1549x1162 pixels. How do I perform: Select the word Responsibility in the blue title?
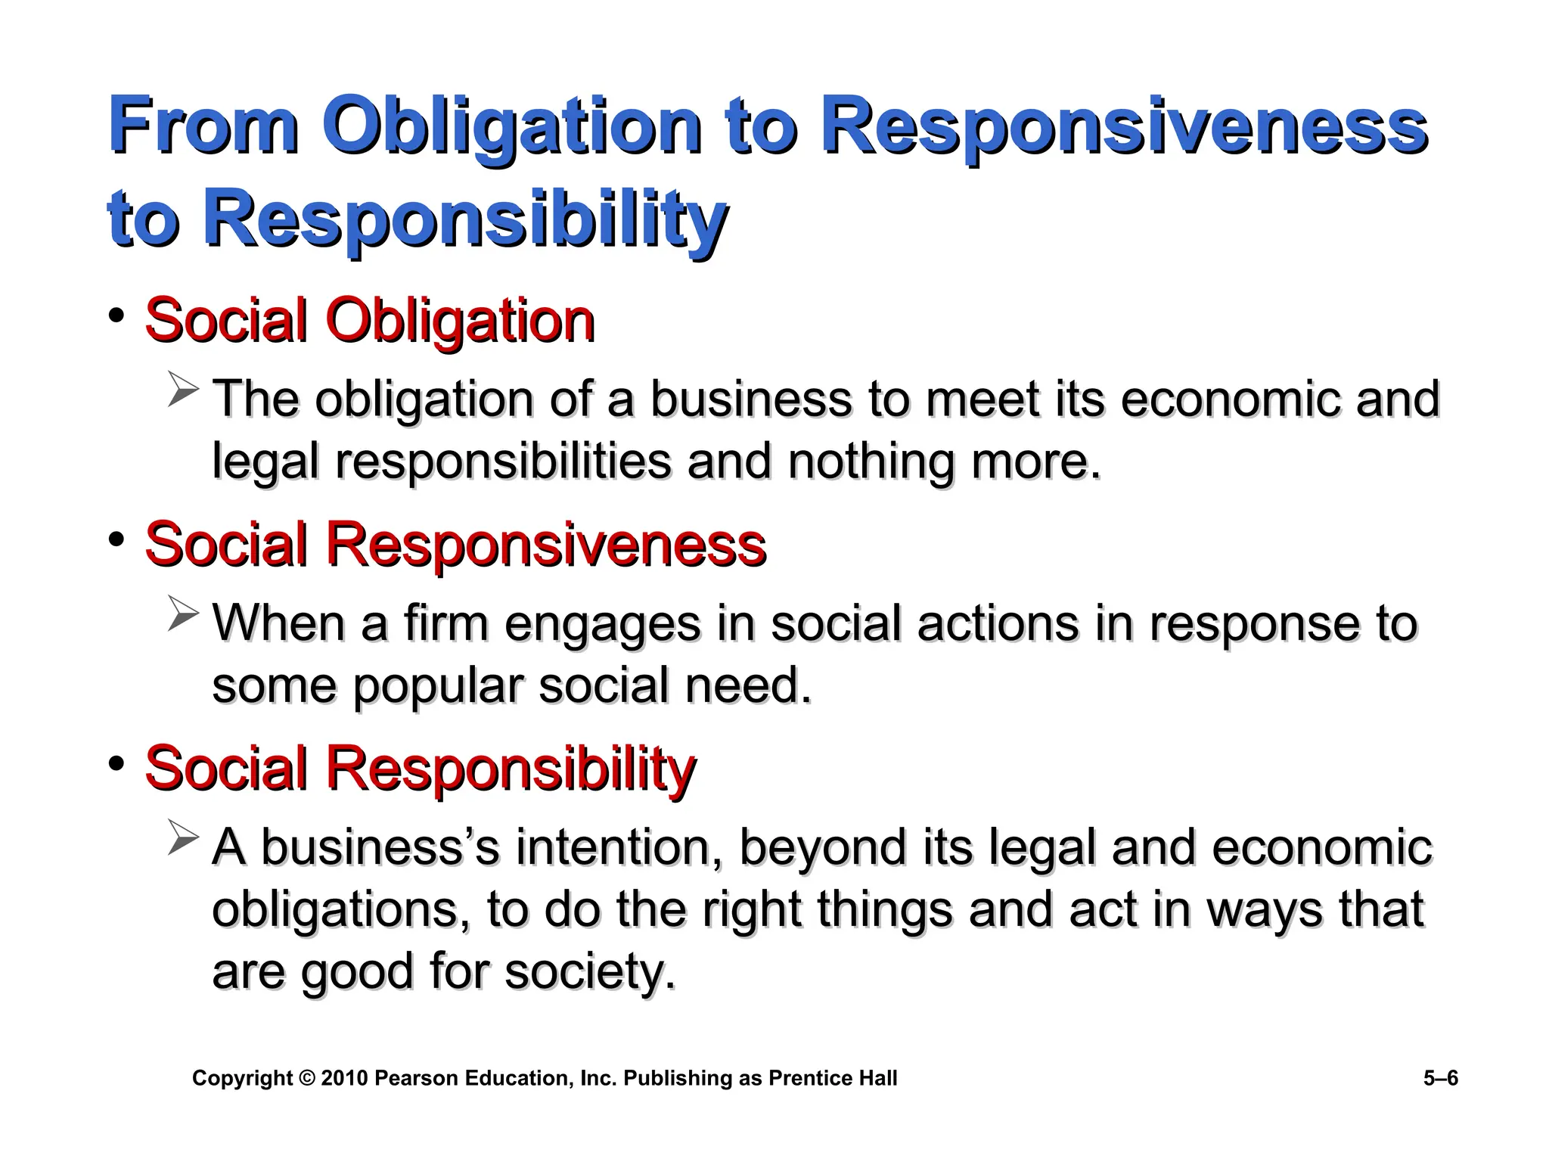click(464, 219)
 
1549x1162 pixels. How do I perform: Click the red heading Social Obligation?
click(369, 321)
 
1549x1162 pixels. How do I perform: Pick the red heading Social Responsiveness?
click(455, 545)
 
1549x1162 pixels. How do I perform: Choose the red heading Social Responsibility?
click(420, 769)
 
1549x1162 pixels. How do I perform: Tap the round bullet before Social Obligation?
click(116, 315)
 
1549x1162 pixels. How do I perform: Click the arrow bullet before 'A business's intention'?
click(183, 837)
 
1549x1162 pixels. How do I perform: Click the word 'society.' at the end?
click(589, 971)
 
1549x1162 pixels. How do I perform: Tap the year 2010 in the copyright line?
click(344, 1078)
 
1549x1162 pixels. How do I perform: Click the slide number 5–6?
click(1440, 1078)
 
